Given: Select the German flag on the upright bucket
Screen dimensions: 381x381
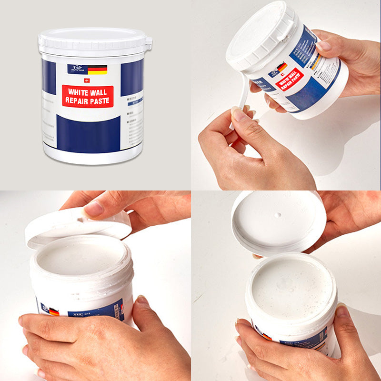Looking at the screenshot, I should (x=97, y=70).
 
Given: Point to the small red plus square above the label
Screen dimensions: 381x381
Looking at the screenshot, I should (x=87, y=80).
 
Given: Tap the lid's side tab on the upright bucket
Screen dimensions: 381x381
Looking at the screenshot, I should (x=149, y=44).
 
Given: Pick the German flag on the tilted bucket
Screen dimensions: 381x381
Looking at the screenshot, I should (x=282, y=68).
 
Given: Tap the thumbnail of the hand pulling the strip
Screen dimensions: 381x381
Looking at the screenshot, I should (x=237, y=114).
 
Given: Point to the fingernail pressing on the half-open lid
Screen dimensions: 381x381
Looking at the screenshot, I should (x=94, y=209).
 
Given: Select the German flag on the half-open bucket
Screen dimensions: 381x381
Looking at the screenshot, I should (x=54, y=312).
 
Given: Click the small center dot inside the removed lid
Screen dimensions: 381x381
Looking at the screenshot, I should (x=279, y=215).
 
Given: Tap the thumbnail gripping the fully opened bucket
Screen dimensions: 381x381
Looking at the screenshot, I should (x=343, y=312).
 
